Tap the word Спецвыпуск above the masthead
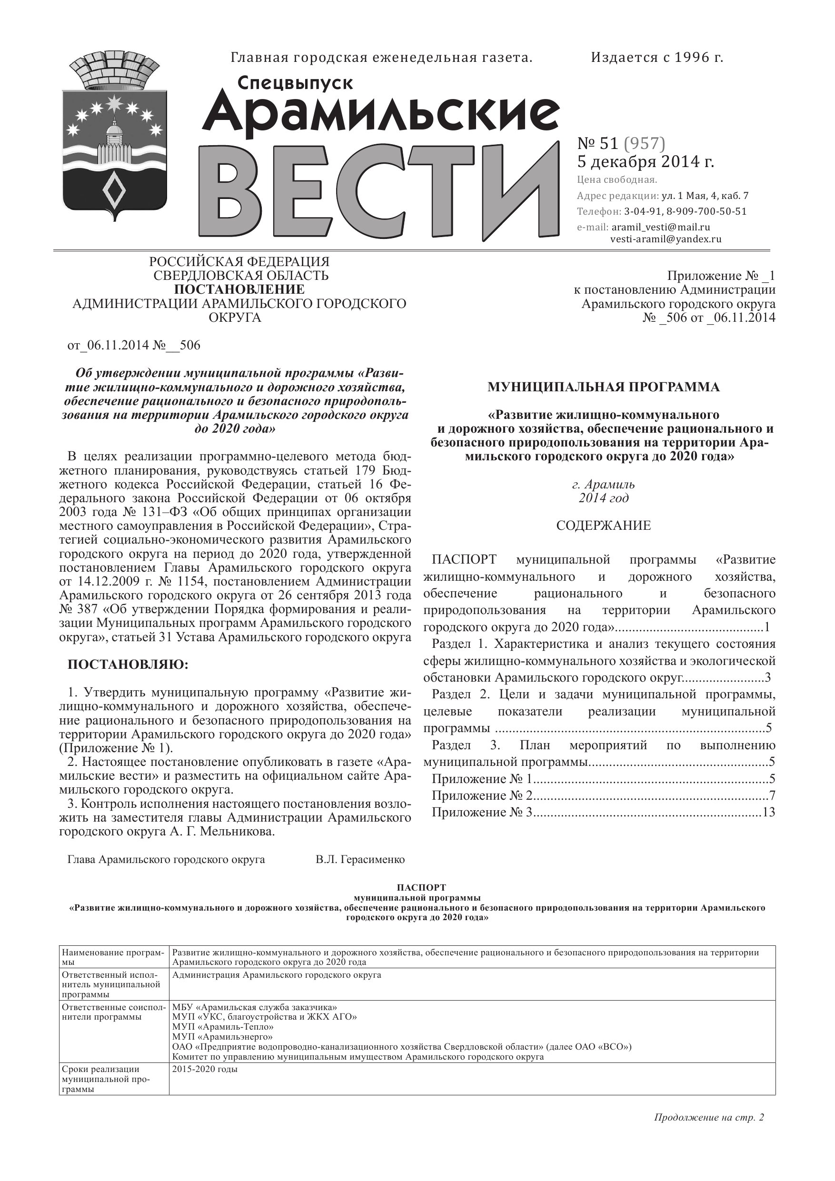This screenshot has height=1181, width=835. [295, 83]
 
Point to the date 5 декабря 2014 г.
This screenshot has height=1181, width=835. [645, 161]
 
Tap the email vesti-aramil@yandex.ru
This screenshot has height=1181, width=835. [666, 238]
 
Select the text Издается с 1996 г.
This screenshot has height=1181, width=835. [656, 58]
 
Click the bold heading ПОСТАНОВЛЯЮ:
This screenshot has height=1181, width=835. [128, 665]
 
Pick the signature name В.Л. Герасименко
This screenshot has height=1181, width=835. [360, 860]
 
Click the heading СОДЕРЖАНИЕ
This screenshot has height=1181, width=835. [603, 525]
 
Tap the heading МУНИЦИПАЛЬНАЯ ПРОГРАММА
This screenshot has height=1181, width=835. [603, 387]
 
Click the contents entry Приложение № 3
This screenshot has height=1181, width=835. [482, 812]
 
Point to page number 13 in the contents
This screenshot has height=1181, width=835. [769, 812]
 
